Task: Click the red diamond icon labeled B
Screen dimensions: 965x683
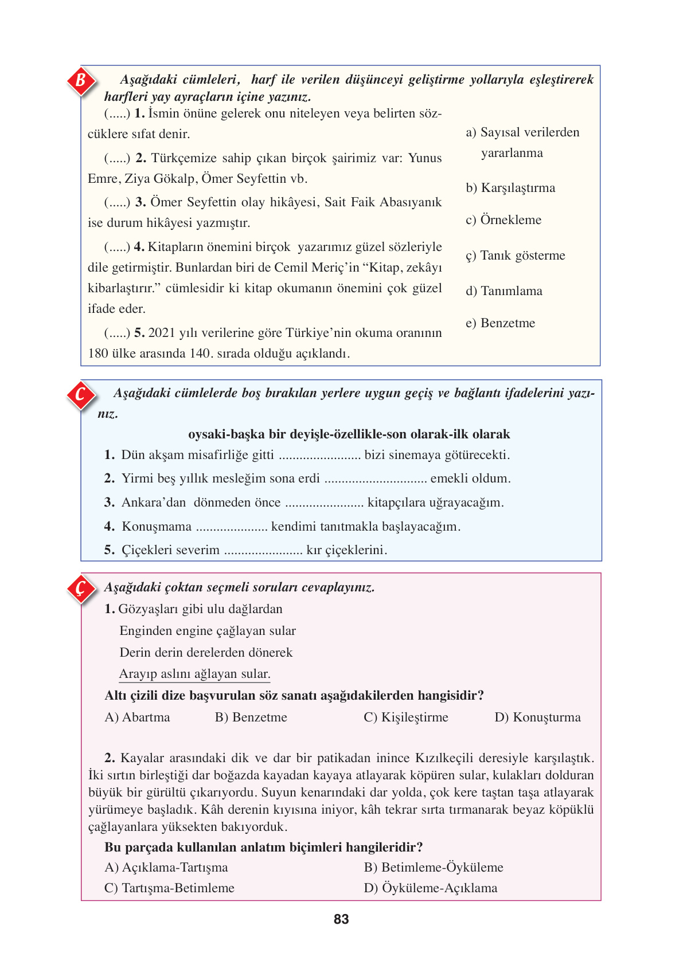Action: coord(81,81)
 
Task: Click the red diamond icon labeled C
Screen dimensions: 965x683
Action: coord(81,395)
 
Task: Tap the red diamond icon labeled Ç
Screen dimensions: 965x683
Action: coord(81,589)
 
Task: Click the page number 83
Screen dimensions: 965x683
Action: coord(341,919)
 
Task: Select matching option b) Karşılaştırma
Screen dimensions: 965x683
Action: coord(510,188)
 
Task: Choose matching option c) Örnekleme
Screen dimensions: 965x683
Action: coord(504,220)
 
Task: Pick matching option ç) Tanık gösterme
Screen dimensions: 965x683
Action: coord(515,256)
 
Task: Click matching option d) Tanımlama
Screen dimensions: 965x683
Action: coord(504,291)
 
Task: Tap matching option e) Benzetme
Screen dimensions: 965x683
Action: coord(500,323)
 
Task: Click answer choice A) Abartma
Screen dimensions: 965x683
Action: coord(137,717)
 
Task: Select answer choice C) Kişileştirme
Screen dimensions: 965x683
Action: coord(405,717)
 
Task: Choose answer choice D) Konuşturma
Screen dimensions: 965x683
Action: coord(537,717)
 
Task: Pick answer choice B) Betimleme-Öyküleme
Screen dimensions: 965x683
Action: coord(433,868)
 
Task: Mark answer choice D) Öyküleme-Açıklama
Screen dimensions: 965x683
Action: coord(430,888)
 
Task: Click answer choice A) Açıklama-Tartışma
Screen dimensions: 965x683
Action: coord(166,868)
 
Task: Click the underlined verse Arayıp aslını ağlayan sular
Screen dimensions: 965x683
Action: coord(194,674)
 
